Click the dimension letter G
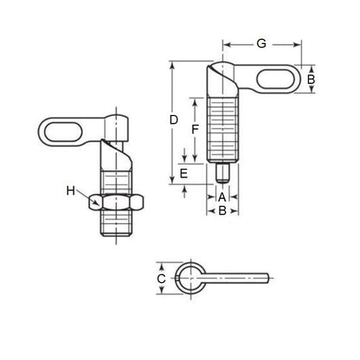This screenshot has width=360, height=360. [x=260, y=42]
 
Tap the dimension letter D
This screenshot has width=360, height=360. [x=174, y=119]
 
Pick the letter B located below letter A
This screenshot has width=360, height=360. [x=222, y=209]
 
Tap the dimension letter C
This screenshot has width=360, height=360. [x=160, y=279]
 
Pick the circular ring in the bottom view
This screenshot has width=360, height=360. [x=188, y=279]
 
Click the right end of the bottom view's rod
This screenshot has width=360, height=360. [x=275, y=279]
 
